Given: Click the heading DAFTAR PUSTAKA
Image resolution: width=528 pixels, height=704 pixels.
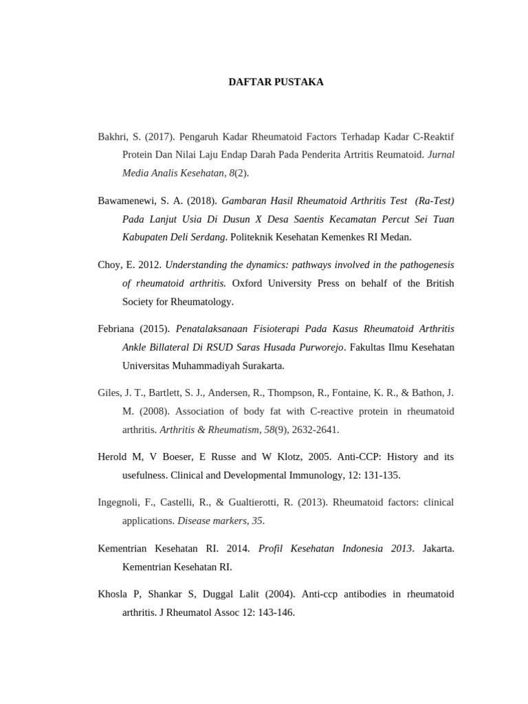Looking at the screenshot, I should pos(276,82).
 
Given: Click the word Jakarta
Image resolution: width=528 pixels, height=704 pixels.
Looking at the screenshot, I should pos(438,549).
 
